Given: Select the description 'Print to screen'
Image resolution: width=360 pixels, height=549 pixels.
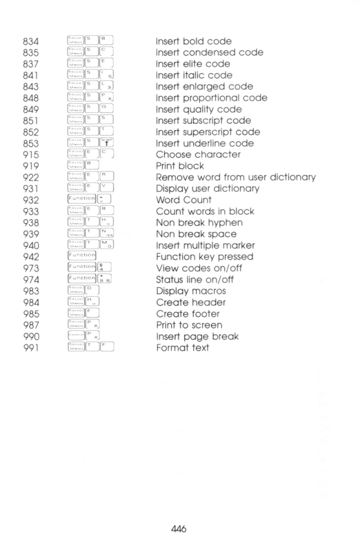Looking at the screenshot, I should (189, 325).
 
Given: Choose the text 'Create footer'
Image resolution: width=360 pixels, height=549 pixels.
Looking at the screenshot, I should (186, 314).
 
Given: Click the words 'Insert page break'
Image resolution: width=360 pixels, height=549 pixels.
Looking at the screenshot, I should (194, 336).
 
